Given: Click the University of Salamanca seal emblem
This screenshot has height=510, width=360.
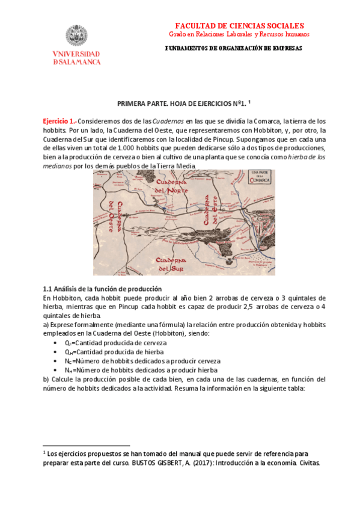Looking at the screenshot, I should click(76, 37).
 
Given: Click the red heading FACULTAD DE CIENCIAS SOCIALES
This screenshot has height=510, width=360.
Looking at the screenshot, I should click(239, 26).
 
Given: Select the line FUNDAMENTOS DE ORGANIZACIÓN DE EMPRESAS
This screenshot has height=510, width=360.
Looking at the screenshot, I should click(233, 49).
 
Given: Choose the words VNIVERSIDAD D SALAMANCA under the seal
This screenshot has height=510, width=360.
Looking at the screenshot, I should click(76, 58).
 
